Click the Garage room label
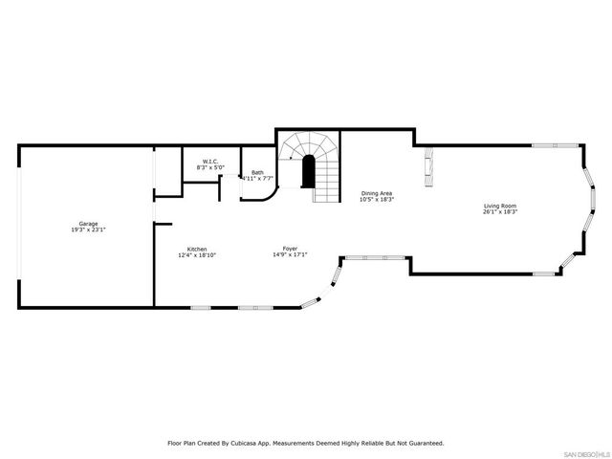(88, 224)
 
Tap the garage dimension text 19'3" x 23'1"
(88, 230)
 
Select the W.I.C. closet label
(210, 161)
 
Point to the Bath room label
(257, 172)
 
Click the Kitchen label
(197, 249)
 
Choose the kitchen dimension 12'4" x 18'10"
(197, 255)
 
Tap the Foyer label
(289, 249)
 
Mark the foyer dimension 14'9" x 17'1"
(289, 255)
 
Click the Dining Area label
(377, 193)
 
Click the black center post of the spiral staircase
(309, 172)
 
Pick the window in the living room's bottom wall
(545, 274)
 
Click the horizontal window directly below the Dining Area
(375, 257)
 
